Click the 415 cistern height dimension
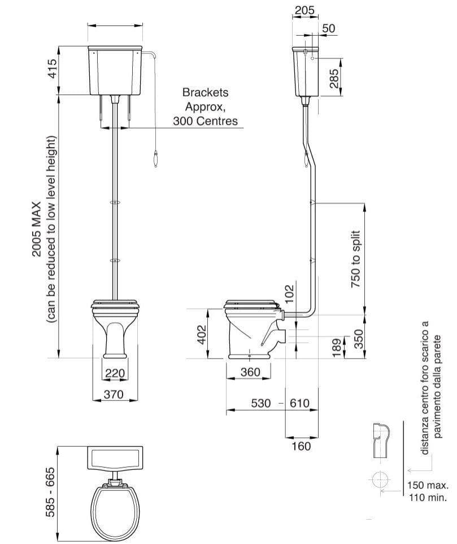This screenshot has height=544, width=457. point(52,69)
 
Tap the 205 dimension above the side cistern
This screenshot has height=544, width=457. point(304,10)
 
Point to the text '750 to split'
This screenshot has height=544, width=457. point(356,260)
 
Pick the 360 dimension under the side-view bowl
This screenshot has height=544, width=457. point(250,372)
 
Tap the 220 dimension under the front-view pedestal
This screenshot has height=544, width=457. point(115,373)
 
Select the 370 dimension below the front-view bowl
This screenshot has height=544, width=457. point(114,395)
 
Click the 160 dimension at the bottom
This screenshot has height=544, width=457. point(302,446)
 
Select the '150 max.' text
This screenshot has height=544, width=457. point(428,485)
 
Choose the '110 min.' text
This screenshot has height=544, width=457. point(428,498)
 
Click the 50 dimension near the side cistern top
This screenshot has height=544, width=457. point(329,28)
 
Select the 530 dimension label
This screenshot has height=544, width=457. point(260,403)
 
